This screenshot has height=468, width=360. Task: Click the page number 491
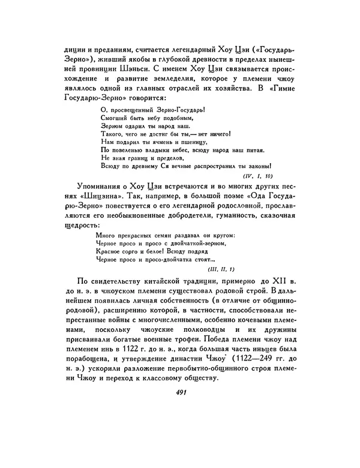click(x=179, y=392)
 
